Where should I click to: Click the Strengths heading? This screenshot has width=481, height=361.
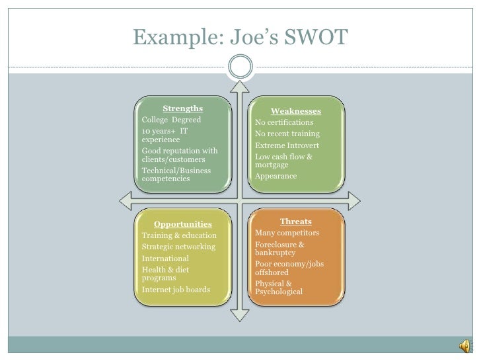182,109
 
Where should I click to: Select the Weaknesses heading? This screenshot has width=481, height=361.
296,111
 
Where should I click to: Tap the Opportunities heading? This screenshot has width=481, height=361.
182,224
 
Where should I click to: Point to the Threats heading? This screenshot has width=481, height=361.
295,221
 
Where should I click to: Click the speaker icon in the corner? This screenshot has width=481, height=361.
464,345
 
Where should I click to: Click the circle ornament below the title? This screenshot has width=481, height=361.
241,64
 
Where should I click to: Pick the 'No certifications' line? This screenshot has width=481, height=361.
284,122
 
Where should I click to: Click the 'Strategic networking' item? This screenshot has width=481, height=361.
178,247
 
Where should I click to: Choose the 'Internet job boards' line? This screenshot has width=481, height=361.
176,290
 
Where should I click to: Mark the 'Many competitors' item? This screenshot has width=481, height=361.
287,233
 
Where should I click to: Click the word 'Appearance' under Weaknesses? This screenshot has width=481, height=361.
276,177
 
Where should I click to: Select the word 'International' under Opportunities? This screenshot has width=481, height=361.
165,258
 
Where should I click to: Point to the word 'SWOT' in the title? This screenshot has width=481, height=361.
313,38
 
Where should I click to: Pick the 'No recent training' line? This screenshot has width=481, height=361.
287,134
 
